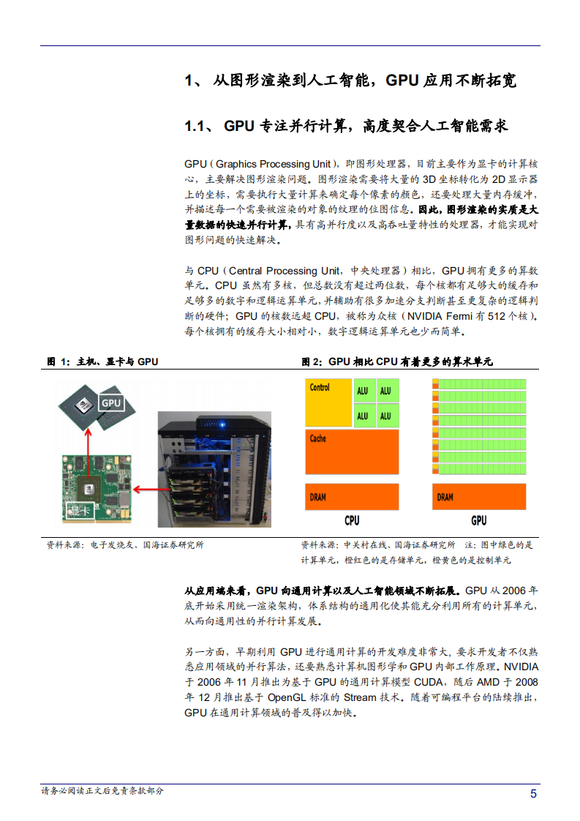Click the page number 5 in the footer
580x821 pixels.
[533, 794]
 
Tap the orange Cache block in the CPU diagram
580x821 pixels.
[352, 451]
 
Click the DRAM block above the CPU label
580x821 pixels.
[352, 496]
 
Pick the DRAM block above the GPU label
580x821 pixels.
[478, 496]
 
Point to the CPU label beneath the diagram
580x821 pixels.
[352, 521]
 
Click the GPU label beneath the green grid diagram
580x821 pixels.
[478, 521]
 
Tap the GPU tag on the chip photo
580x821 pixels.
[110, 403]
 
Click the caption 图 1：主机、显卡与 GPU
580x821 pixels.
[102, 361]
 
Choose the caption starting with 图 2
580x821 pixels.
[397, 361]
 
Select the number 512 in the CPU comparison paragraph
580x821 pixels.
[497, 316]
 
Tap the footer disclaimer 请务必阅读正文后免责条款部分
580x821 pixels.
[102, 791]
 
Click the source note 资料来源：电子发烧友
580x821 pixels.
[125, 545]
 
